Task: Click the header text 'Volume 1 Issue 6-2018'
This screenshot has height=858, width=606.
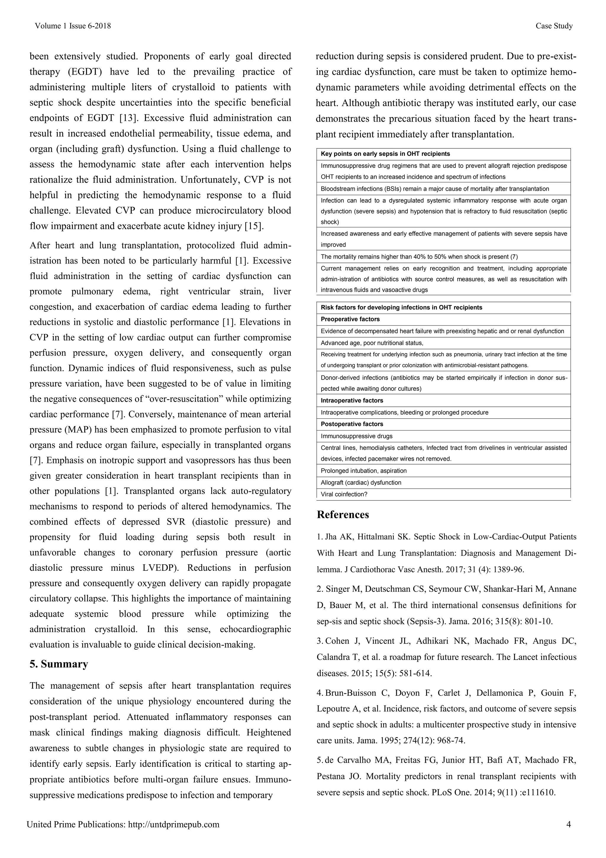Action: (x=73, y=26)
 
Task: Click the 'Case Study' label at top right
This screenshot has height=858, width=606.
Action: (x=554, y=26)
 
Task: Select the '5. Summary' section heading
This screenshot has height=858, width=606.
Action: (x=59, y=664)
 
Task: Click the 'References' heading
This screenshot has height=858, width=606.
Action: (x=343, y=515)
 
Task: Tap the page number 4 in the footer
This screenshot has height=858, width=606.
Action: (x=569, y=824)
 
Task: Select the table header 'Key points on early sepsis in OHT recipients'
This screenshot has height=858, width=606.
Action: (x=385, y=154)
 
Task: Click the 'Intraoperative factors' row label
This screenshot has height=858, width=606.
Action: (x=352, y=401)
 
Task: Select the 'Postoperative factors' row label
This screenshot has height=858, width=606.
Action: (x=352, y=424)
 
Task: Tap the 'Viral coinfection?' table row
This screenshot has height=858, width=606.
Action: (x=344, y=494)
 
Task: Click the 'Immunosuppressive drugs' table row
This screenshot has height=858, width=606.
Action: (x=357, y=436)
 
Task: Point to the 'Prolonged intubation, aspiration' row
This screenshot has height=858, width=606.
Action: (x=364, y=471)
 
